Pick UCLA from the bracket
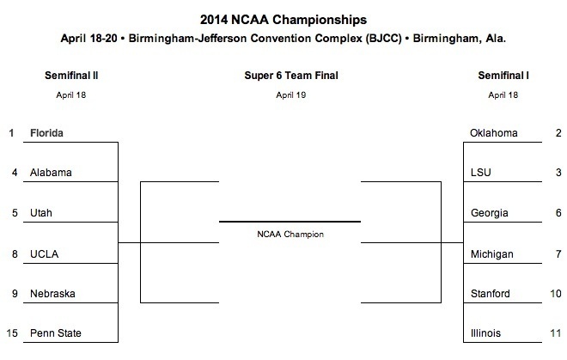[x=43, y=253]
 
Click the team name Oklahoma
[x=494, y=133]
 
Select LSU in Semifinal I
[x=481, y=173]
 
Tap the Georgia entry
[x=489, y=213]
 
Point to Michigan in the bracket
[x=491, y=253]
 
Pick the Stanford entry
[x=491, y=294]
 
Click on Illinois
[x=485, y=333]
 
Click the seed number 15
[x=12, y=333]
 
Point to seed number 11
[x=556, y=333]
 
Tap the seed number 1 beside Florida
[x=12, y=133]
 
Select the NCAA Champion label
[x=290, y=233]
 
